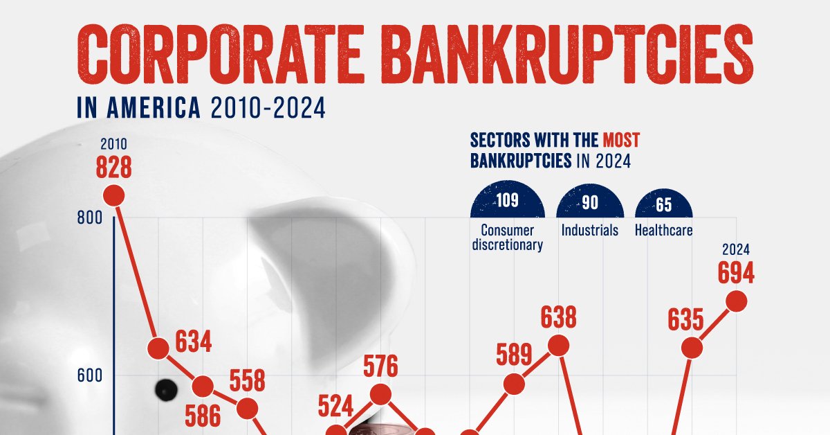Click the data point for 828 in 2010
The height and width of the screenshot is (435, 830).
click(114, 195)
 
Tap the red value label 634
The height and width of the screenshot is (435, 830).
click(193, 341)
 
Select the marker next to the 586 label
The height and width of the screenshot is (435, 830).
click(203, 386)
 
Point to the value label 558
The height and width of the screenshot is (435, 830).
click(247, 381)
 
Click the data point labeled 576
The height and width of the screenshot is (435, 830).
click(380, 394)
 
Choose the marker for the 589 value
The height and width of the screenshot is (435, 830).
click(514, 384)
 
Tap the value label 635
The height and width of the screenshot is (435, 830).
click(685, 320)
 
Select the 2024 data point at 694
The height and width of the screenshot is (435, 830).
click(737, 301)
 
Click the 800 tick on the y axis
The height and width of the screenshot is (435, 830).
click(90, 218)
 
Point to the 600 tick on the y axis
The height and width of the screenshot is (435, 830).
click(90, 375)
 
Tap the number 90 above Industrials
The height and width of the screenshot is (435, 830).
click(590, 203)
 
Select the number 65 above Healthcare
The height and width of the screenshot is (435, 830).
click(663, 204)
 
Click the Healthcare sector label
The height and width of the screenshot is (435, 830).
click(663, 230)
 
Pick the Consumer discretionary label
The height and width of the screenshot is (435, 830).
click(506, 237)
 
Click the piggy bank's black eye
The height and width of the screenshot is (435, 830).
click(165, 387)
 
